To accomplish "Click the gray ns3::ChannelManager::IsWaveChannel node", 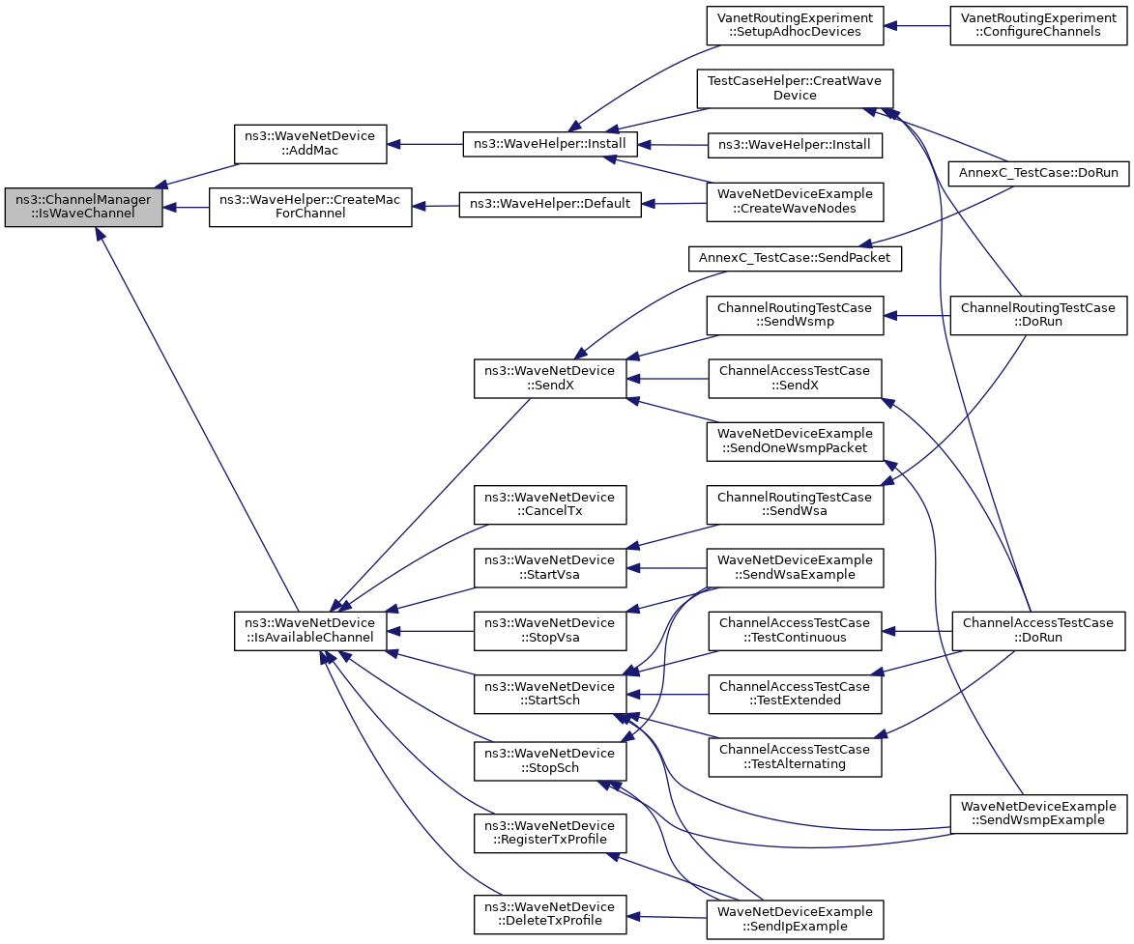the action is [x=83, y=207].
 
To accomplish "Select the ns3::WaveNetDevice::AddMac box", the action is [x=310, y=144].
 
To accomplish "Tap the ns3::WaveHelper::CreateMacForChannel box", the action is [x=310, y=207].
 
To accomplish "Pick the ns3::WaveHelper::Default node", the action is [x=550, y=204].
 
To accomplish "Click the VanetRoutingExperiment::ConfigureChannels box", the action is [x=1038, y=25].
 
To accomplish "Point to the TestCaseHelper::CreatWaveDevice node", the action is [x=795, y=88].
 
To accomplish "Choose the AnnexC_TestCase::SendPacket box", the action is [x=795, y=258].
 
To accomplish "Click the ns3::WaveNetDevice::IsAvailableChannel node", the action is [x=310, y=630].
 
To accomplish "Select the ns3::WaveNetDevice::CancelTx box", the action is [x=550, y=504].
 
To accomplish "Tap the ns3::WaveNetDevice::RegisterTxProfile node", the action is [x=550, y=833].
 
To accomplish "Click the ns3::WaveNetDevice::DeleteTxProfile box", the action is [x=550, y=914].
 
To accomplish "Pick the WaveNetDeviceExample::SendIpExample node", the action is [x=795, y=920].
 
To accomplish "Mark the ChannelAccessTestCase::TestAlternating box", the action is [x=795, y=758].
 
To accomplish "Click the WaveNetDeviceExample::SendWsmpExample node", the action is [x=1038, y=814].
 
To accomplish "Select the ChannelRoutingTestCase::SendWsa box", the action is [x=795, y=504].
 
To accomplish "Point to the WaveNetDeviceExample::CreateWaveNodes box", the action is [x=795, y=202].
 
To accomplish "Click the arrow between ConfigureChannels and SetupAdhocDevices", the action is [x=917, y=25].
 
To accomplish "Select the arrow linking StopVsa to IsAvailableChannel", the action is [x=430, y=631].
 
